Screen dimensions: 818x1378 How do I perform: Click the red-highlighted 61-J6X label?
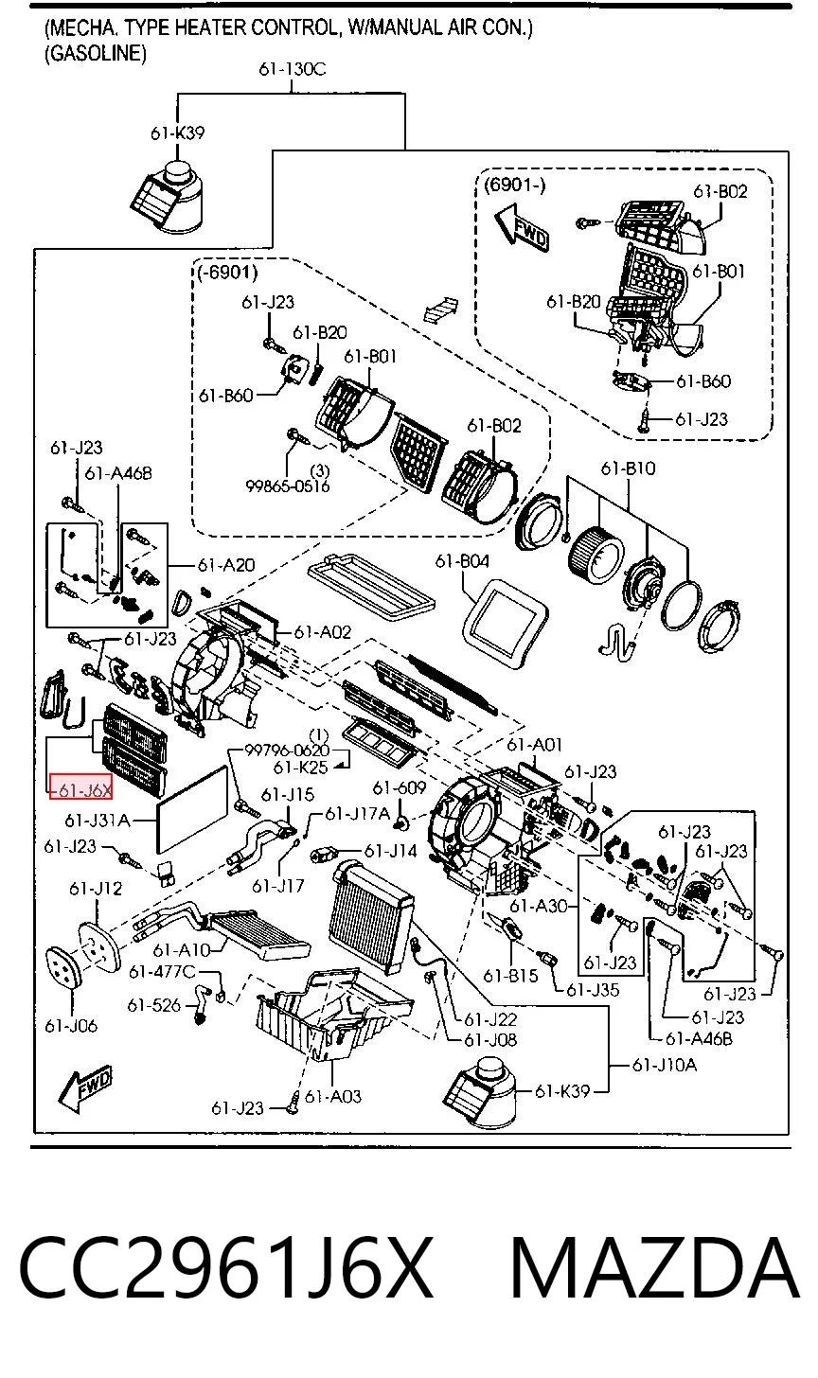80,789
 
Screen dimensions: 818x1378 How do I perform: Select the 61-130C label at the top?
292,69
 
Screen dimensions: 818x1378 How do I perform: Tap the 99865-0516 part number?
288,486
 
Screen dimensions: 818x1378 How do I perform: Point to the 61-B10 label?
628,468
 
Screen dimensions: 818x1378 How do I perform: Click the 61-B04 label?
462,560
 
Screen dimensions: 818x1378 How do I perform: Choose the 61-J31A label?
98,820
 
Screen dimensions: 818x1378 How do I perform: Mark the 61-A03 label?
333,1096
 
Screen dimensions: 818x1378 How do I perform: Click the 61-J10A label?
665,1064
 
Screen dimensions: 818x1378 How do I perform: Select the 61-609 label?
400,787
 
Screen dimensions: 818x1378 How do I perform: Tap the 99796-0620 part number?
287,750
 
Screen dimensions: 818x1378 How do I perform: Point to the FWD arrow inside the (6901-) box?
522,226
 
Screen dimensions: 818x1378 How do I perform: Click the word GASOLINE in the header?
96,54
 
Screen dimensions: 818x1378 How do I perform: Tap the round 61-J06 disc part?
63,969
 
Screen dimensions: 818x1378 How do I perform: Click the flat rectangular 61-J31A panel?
192,809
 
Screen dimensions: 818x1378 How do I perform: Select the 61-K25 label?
300,768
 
